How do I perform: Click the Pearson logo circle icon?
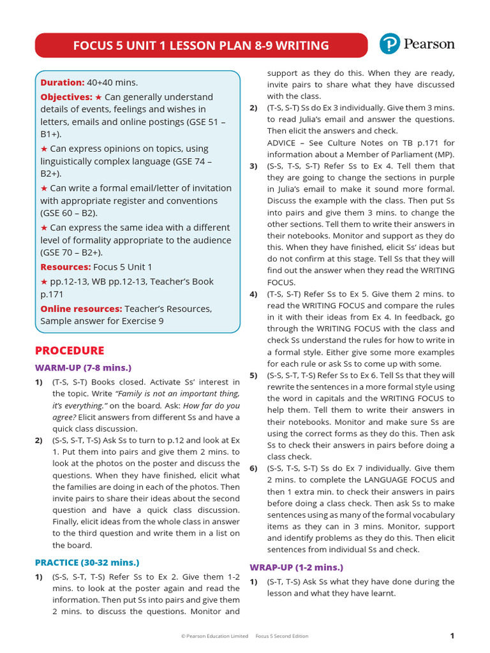(390, 44)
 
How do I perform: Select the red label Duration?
(63, 82)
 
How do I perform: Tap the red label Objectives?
(66, 97)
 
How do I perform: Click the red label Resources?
(66, 267)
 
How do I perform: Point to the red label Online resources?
(81, 309)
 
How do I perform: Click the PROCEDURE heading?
(69, 351)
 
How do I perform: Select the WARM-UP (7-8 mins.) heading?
(83, 368)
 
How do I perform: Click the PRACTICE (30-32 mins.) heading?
(87, 562)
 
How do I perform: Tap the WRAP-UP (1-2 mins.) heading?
(296, 568)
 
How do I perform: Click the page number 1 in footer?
(452, 636)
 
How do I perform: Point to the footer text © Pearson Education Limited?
(214, 636)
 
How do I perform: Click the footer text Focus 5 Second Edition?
(281, 636)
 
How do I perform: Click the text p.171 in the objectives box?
(54, 295)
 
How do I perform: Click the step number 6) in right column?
(253, 468)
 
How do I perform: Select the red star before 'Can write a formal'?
(44, 188)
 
